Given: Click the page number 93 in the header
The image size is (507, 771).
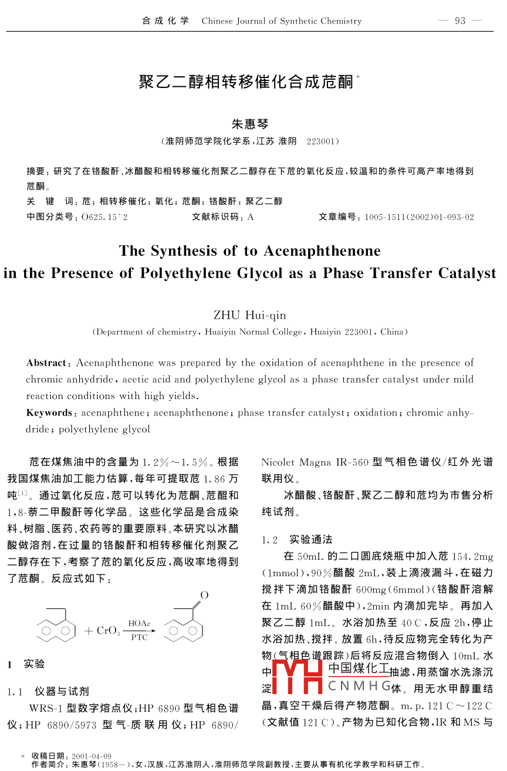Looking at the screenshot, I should point(459,21).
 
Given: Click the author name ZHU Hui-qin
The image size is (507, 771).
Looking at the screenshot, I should point(250,315).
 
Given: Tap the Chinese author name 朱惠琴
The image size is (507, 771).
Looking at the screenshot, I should point(250,124).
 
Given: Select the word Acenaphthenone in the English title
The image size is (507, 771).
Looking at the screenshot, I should point(322,251).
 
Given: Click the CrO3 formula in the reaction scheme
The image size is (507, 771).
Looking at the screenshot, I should point(109,631).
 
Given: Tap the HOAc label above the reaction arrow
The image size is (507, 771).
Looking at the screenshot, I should point(139,623).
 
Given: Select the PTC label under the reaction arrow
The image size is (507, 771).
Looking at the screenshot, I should point(139,637).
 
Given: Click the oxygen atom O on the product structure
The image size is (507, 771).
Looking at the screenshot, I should point(204,596).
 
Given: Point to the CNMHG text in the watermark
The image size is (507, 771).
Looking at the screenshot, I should point(359,686).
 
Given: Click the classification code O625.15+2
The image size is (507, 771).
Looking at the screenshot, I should point(104,217).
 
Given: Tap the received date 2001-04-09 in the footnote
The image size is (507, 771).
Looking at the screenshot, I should point(92,756).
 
